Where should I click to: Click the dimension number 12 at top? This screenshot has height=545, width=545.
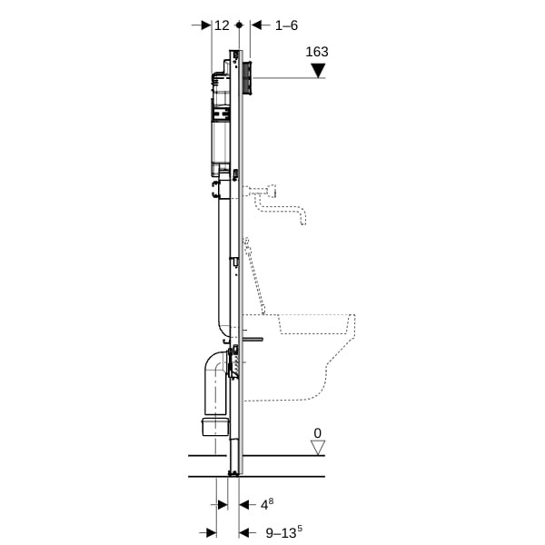[222, 25]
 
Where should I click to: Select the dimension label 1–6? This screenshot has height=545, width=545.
[286, 25]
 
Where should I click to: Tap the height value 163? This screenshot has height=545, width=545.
[317, 52]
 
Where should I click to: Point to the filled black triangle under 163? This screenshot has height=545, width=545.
[318, 71]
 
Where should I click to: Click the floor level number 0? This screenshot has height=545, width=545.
[317, 433]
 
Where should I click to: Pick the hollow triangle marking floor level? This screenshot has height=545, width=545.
[318, 448]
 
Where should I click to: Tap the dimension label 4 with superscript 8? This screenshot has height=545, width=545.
[267, 504]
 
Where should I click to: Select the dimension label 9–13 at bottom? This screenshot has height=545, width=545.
[284, 532]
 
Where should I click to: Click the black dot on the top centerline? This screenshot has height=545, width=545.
[239, 25]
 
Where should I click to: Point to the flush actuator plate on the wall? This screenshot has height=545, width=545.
[248, 78]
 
